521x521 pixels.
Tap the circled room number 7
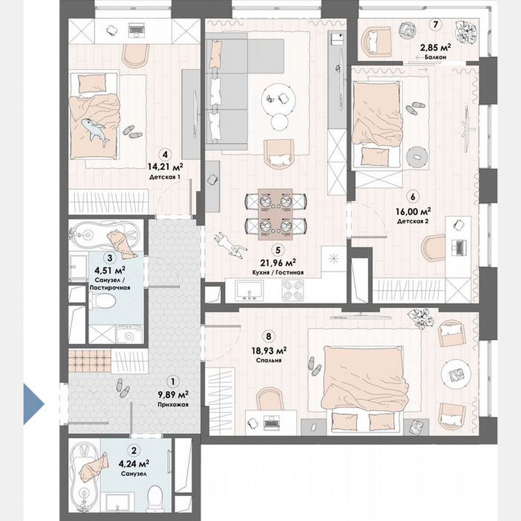tap(435, 25)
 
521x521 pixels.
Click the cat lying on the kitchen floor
tap(229, 244)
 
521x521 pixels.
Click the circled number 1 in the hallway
tap(173, 381)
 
